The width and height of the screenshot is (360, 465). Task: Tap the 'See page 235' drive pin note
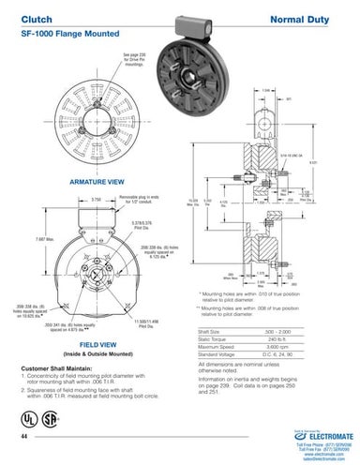[132, 61]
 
